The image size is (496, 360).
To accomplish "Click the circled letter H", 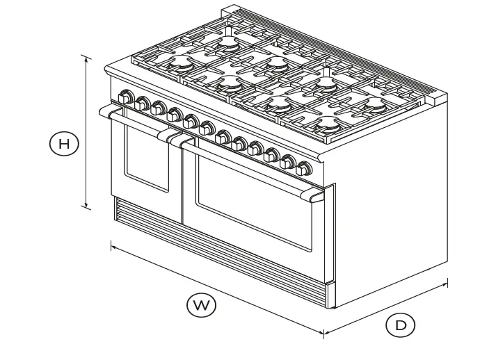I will click(x=64, y=145).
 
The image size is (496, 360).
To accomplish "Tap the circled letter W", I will click(x=201, y=305).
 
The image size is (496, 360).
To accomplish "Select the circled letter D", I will click(x=401, y=325).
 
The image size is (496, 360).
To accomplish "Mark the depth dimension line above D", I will click(x=386, y=309).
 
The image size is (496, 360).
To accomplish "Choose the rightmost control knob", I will click(x=304, y=167).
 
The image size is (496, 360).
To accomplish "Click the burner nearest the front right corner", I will click(x=327, y=127).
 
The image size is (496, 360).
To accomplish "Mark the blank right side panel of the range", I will click(x=390, y=208).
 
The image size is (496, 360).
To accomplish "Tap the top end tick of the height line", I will click(x=86, y=56).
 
